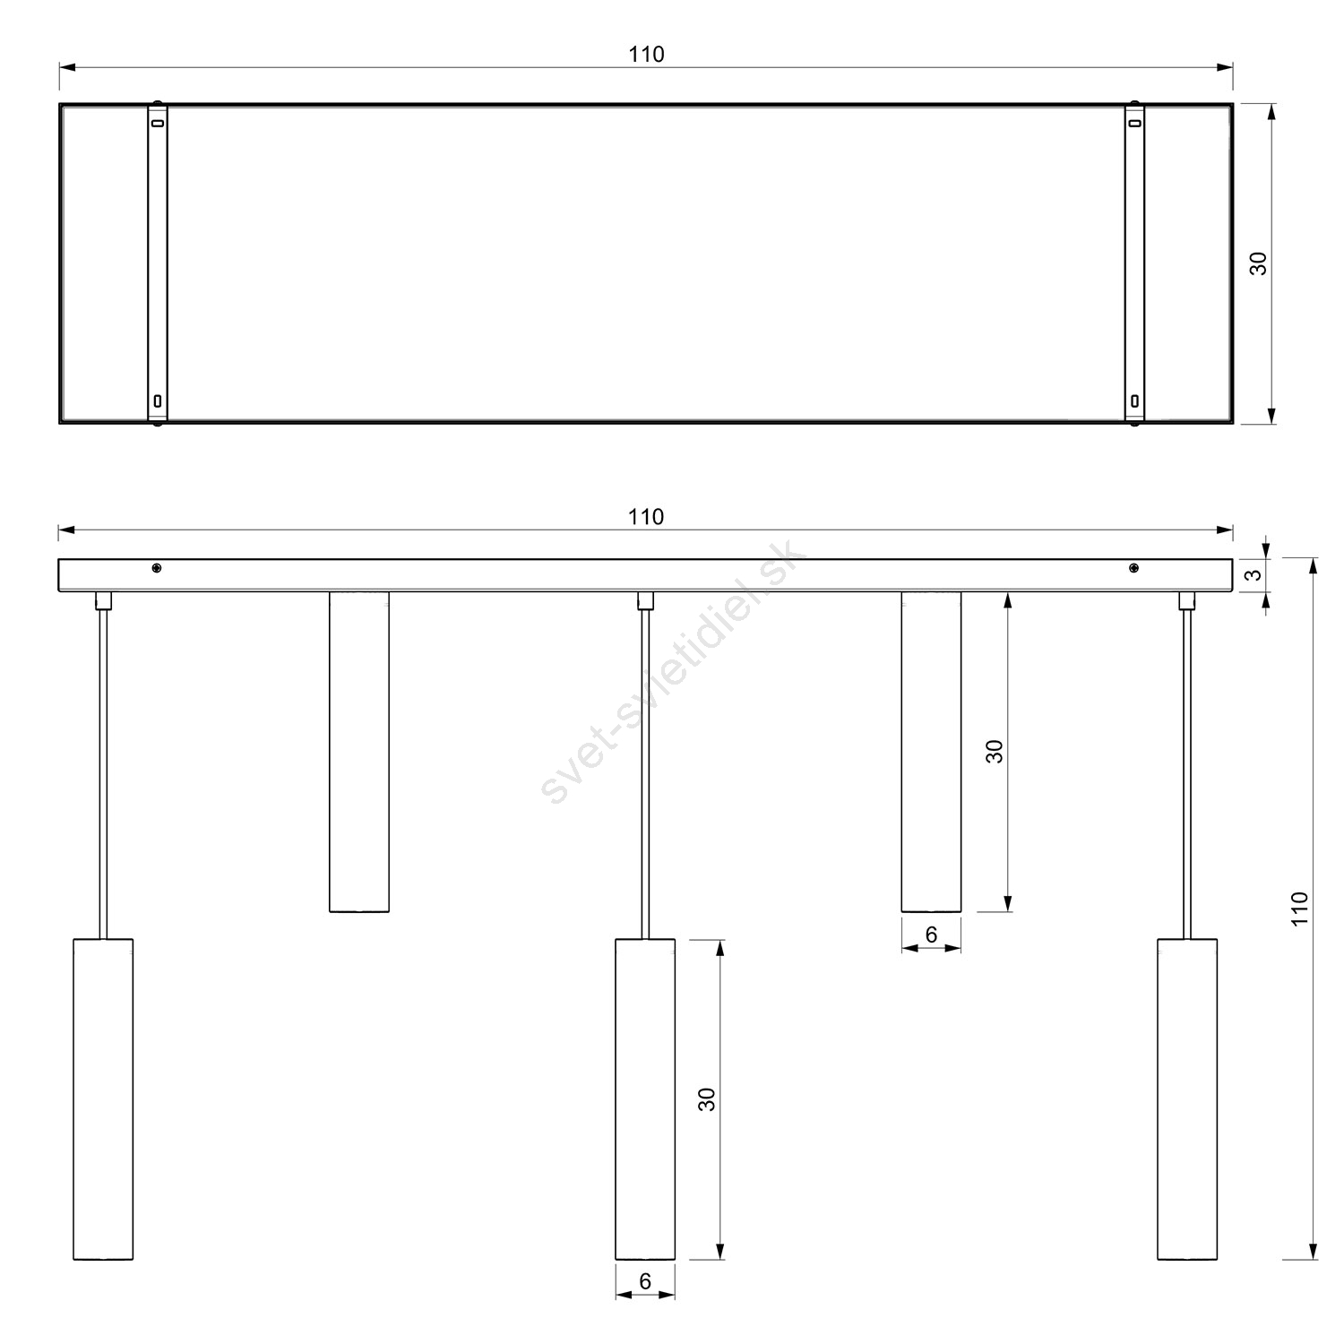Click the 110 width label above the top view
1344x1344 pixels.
coord(646,54)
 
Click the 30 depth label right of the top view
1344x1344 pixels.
coord(1259,263)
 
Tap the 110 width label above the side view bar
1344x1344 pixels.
coord(646,517)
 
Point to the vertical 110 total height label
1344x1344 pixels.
coord(1300,909)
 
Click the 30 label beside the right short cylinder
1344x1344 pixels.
coord(994,751)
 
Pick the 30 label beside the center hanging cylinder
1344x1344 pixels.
coord(707,1099)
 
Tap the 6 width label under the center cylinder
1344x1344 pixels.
coord(645,1281)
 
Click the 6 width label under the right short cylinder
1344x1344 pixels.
coord(931,935)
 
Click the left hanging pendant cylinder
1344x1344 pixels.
coord(103,1099)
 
